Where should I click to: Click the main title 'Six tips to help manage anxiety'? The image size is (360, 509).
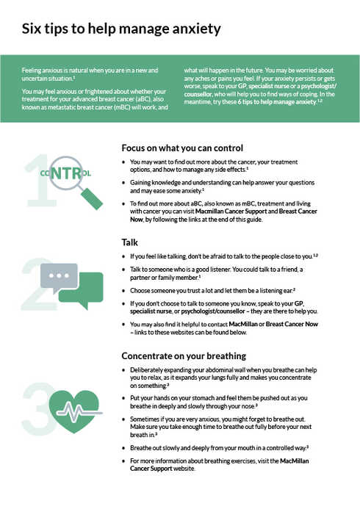(121, 29)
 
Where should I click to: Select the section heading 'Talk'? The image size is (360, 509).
(129, 241)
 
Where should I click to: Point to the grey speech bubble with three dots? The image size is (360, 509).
(60, 278)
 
